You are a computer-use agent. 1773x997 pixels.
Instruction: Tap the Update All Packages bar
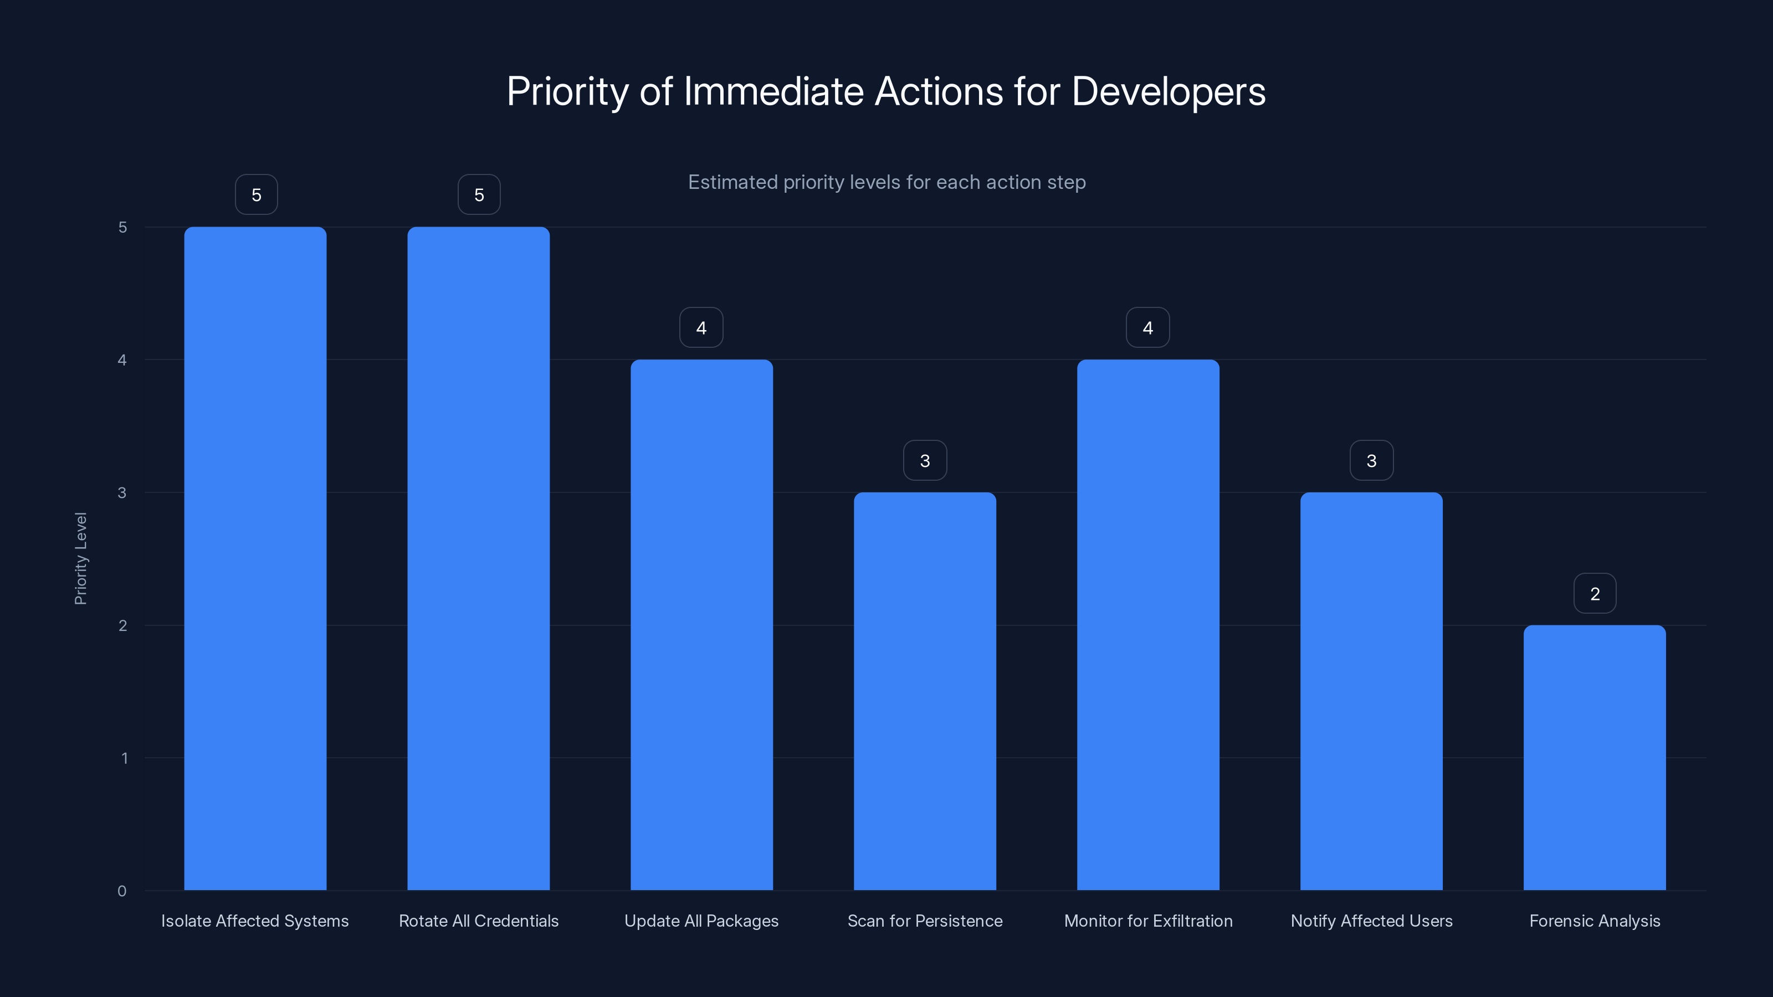701,624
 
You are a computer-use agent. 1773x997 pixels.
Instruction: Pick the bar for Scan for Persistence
924,691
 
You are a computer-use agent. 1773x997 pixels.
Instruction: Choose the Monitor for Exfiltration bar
1147,624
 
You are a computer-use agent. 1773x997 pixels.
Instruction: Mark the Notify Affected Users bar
1371,691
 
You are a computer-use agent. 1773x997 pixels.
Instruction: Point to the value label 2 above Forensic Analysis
1595,593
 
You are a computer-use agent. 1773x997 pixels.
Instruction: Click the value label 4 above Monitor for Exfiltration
1147,327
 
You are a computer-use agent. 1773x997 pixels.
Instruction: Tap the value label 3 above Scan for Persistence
924,460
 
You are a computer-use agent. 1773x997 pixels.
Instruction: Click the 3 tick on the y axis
122,492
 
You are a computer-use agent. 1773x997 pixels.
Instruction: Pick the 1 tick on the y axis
124,758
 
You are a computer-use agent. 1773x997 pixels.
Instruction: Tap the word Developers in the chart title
1168,91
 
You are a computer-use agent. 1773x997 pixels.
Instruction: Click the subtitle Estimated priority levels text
886,182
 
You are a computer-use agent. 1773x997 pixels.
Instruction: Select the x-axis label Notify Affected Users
1371,921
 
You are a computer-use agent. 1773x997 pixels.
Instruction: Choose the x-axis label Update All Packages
701,921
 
